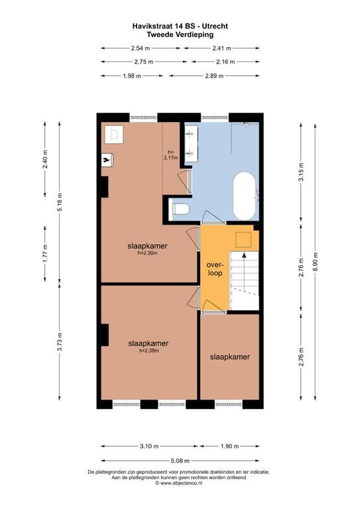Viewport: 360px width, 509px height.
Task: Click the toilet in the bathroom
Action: pos(181,209)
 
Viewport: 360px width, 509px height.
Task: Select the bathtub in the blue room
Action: pos(245,196)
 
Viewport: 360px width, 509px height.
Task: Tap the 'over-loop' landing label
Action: pos(215,269)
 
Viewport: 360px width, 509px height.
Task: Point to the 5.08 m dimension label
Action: pos(180,461)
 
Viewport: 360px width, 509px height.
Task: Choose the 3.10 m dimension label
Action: pos(149,446)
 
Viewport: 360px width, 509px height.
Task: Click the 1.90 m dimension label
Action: pos(229,446)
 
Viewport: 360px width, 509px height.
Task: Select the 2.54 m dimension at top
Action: pos(141,48)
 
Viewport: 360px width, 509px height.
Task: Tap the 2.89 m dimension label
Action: pos(214,76)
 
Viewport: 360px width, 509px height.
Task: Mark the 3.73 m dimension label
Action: pos(60,342)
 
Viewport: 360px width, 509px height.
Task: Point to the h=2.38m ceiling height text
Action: pos(149,351)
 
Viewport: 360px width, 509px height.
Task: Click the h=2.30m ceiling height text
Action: pos(148,253)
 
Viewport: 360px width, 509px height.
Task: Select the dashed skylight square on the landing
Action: pos(243,240)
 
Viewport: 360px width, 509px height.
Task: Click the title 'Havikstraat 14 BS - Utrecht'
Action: pos(180,26)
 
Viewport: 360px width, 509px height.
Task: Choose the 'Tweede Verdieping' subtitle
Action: pos(180,34)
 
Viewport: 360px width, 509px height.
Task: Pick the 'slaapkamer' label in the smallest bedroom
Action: pos(230,357)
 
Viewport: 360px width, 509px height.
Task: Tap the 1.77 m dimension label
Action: pos(46,253)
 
